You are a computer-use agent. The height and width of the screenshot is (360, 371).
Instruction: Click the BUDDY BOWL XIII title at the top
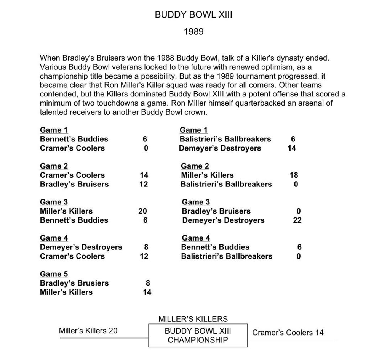pyautogui.click(x=193, y=15)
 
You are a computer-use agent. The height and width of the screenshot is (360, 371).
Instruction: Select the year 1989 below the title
pyautogui.click(x=193, y=31)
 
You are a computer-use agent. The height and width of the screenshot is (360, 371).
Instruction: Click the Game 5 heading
pyautogui.click(x=54, y=274)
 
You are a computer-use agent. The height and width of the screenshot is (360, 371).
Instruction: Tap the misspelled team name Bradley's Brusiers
pyautogui.click(x=74, y=283)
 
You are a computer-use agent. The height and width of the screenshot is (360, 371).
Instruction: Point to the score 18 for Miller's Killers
pyautogui.click(x=294, y=175)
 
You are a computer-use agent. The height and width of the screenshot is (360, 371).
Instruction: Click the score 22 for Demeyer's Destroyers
pyautogui.click(x=297, y=220)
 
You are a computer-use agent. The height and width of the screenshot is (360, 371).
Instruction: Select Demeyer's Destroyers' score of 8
pyautogui.click(x=146, y=247)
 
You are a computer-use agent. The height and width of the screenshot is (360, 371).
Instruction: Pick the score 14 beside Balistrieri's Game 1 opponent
pyautogui.click(x=292, y=148)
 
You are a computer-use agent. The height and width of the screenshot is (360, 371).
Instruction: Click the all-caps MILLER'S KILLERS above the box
pyautogui.click(x=193, y=319)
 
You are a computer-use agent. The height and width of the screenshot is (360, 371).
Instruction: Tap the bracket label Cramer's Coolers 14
pyautogui.click(x=288, y=333)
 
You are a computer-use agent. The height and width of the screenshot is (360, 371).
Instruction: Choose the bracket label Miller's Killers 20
pyautogui.click(x=88, y=331)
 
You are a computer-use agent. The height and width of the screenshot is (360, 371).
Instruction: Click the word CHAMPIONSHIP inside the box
pyautogui.click(x=198, y=340)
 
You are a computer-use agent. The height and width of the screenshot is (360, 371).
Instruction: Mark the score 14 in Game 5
pyautogui.click(x=147, y=292)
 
